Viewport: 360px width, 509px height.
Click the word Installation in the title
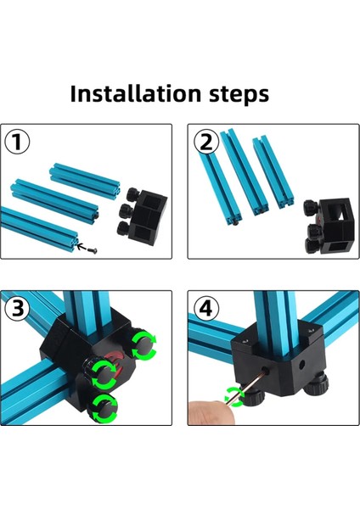(136, 92)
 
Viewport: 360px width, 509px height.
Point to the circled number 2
(205, 143)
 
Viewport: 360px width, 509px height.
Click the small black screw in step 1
(92, 249)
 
